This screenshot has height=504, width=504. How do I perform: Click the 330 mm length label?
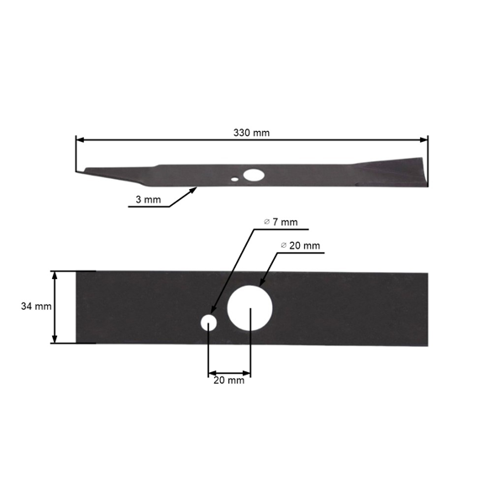click(252, 133)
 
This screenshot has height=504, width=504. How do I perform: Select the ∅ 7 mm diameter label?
click(281, 222)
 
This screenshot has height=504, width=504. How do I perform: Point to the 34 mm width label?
click(36, 307)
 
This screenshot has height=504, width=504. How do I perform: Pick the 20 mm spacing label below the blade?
click(228, 381)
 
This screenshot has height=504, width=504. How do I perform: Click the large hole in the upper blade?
click(252, 176)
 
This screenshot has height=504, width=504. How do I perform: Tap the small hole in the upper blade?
click(235, 178)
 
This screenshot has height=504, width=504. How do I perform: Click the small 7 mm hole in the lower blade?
click(207, 322)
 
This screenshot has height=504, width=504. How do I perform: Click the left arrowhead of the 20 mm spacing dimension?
click(212, 371)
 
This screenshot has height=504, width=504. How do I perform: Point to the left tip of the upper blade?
click(78, 171)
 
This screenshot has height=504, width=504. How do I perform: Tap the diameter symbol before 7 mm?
click(266, 222)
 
